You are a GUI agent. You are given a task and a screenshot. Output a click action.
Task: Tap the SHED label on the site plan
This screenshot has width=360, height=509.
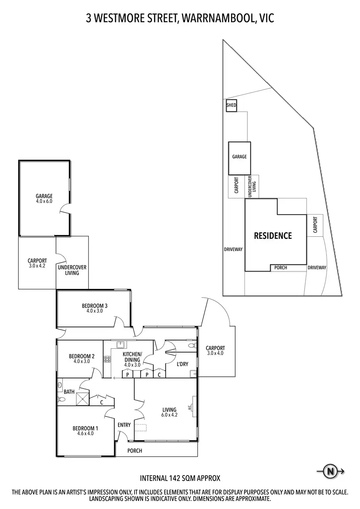click(x=231, y=105)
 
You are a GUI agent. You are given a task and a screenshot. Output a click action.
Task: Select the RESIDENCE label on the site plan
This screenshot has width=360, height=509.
click(x=273, y=236)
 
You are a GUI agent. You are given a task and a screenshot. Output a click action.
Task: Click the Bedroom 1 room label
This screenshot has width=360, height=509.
click(x=85, y=428)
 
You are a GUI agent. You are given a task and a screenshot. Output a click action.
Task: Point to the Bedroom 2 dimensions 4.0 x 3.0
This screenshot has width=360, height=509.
click(x=82, y=361)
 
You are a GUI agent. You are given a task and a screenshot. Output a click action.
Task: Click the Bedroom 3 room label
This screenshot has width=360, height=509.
click(x=94, y=306)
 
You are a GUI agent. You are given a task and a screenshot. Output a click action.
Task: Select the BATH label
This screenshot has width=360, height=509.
click(x=69, y=392)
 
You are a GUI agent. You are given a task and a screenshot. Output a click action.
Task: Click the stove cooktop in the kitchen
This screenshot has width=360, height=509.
click(x=107, y=359)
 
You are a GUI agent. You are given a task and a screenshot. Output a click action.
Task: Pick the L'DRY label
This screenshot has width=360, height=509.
click(x=182, y=364)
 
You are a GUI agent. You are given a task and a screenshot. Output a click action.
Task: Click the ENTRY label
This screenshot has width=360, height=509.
click(x=124, y=425)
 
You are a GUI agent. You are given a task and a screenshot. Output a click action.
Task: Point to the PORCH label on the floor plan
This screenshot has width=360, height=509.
click(x=135, y=450)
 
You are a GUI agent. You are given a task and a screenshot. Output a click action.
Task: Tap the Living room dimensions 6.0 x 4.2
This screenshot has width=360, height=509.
click(x=169, y=415)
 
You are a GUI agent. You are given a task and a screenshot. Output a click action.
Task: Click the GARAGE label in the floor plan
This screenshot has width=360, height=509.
click(x=44, y=196)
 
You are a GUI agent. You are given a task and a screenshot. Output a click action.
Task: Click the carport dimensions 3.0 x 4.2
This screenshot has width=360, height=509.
click(x=37, y=266)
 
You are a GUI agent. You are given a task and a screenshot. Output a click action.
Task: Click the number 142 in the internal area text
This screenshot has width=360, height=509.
click(x=169, y=478)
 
